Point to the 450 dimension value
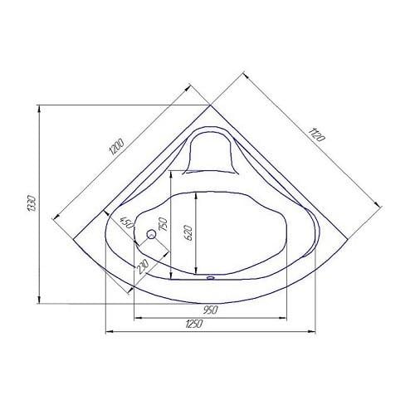127,225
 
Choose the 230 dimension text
142,267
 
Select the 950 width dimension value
210,310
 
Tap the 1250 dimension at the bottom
196,325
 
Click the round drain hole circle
151,236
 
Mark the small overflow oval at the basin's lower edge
209,279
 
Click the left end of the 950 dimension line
133,316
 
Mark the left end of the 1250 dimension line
103,331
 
